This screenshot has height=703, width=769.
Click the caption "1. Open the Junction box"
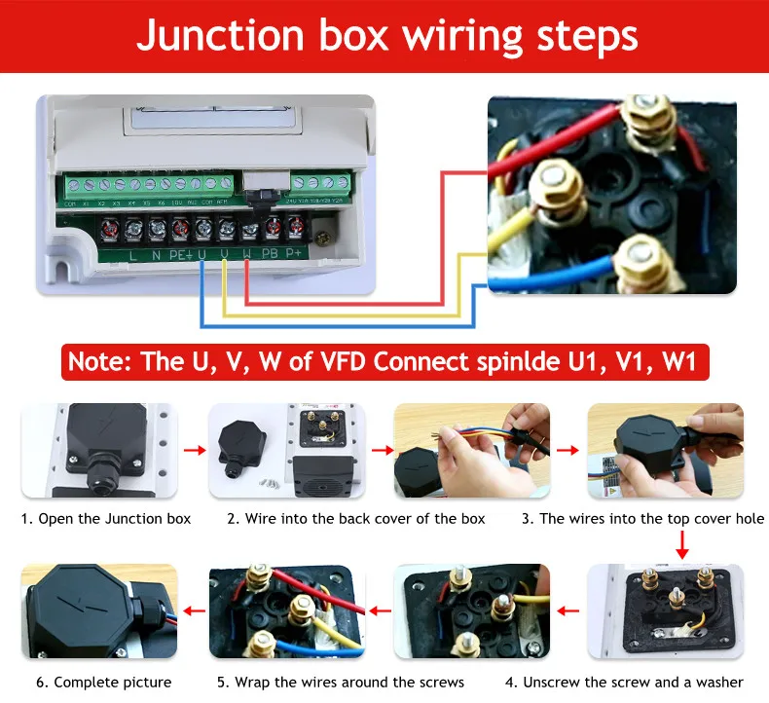point(106,518)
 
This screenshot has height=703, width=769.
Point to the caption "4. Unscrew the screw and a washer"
point(633,682)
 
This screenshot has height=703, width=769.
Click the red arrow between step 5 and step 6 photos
point(194,611)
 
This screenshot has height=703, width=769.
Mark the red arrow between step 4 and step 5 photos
point(380,611)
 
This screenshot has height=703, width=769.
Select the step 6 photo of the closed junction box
point(99,610)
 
